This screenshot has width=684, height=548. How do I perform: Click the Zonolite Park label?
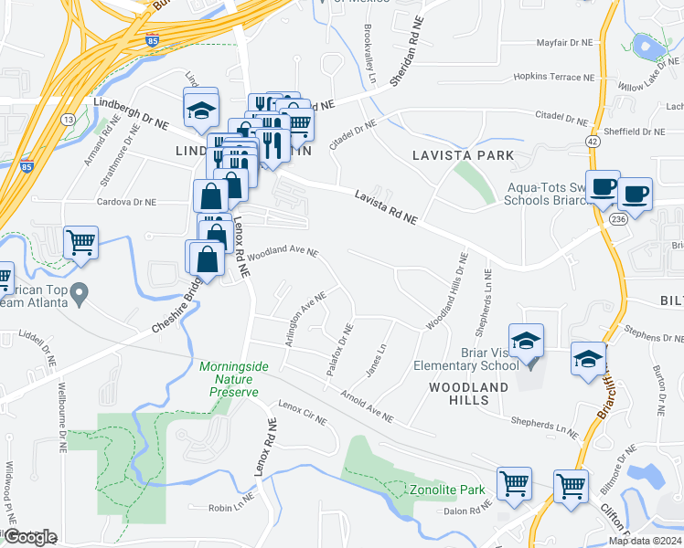click(x=446, y=490)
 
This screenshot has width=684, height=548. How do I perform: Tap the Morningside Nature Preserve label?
click(x=234, y=377)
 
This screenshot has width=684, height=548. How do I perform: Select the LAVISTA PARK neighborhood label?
click(x=463, y=155)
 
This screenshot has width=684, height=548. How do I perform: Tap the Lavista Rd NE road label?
click(x=385, y=206)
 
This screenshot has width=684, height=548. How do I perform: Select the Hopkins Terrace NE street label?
click(x=548, y=78)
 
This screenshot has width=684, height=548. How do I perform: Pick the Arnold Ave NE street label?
click(x=367, y=407)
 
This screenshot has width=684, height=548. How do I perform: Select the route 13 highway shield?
click(x=68, y=119)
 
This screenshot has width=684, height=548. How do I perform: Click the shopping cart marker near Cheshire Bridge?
click(x=80, y=243)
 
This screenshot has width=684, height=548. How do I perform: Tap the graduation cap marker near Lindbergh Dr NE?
click(x=201, y=111)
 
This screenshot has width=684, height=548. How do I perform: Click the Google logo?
click(x=29, y=538)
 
